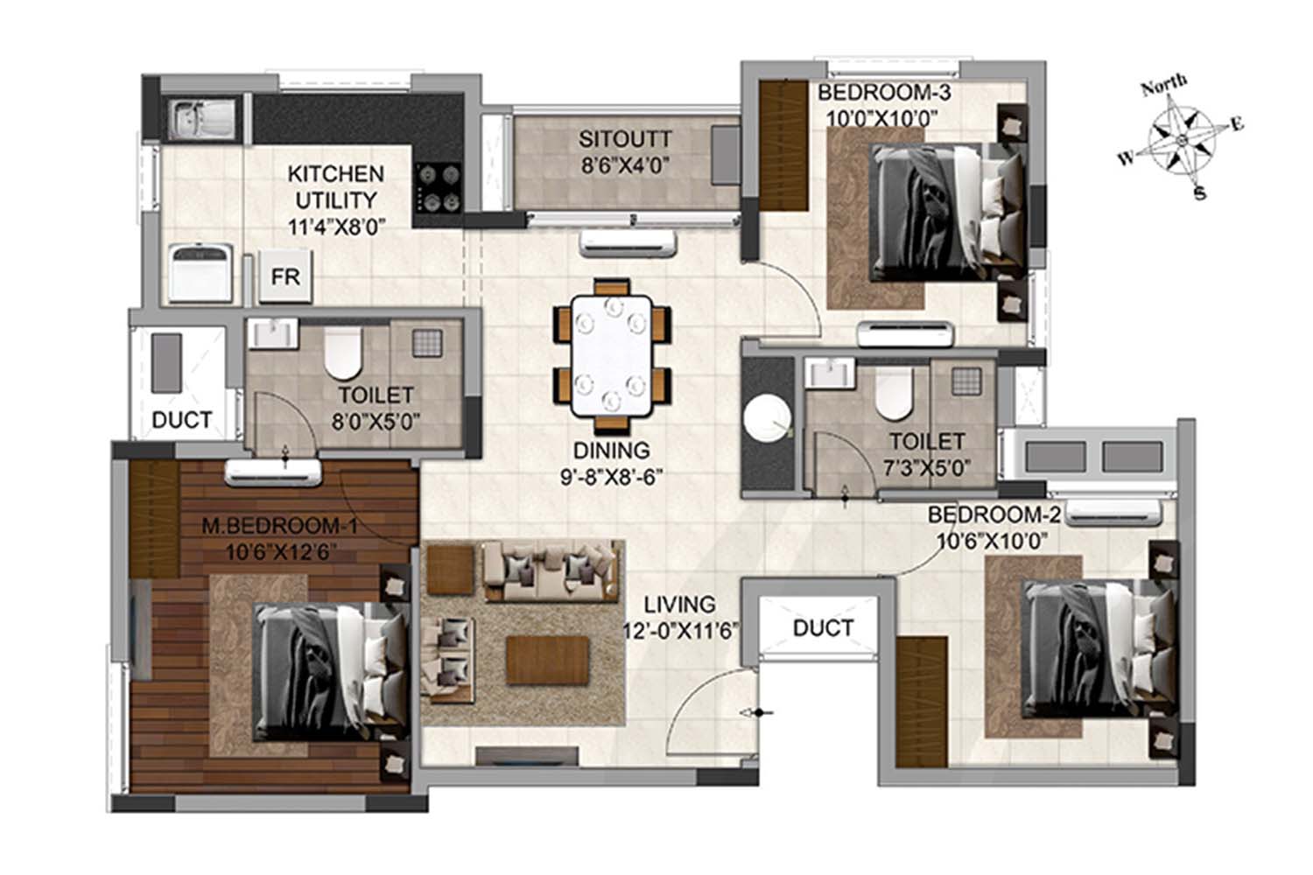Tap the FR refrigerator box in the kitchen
[285, 276]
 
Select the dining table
[611, 356]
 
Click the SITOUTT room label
[625, 139]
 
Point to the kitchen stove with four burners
[439, 187]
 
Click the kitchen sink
[201, 120]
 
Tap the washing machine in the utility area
[200, 274]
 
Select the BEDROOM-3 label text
[884, 92]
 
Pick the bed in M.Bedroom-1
[331, 672]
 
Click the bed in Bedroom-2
[1099, 648]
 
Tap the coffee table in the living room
[547, 660]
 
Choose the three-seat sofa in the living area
[551, 570]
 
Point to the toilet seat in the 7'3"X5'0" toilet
[893, 394]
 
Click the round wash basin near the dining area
[768, 418]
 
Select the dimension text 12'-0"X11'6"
[679, 631]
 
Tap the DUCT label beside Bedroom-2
[823, 628]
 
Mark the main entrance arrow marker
[757, 712]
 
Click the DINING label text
[611, 450]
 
